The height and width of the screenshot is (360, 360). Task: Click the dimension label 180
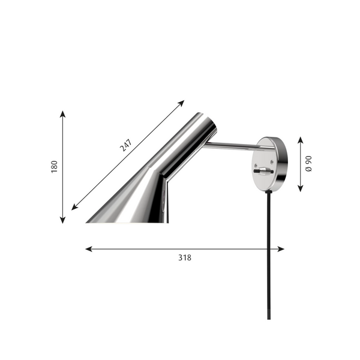(x=54, y=167)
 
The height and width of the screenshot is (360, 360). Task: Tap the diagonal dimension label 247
(x=126, y=145)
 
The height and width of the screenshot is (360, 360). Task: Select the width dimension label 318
(x=185, y=257)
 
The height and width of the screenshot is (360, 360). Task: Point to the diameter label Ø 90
(x=308, y=164)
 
